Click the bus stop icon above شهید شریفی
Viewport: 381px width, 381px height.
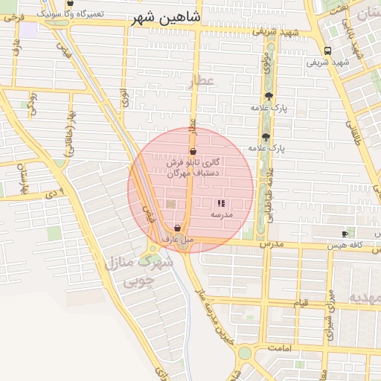(328, 51)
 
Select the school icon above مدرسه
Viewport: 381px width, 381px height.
(220, 203)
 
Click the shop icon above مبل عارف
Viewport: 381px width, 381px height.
(177, 228)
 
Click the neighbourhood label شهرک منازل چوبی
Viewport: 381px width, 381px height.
(139, 272)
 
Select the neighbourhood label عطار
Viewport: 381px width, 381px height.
(201, 81)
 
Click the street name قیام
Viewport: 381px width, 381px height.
(300, 304)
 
